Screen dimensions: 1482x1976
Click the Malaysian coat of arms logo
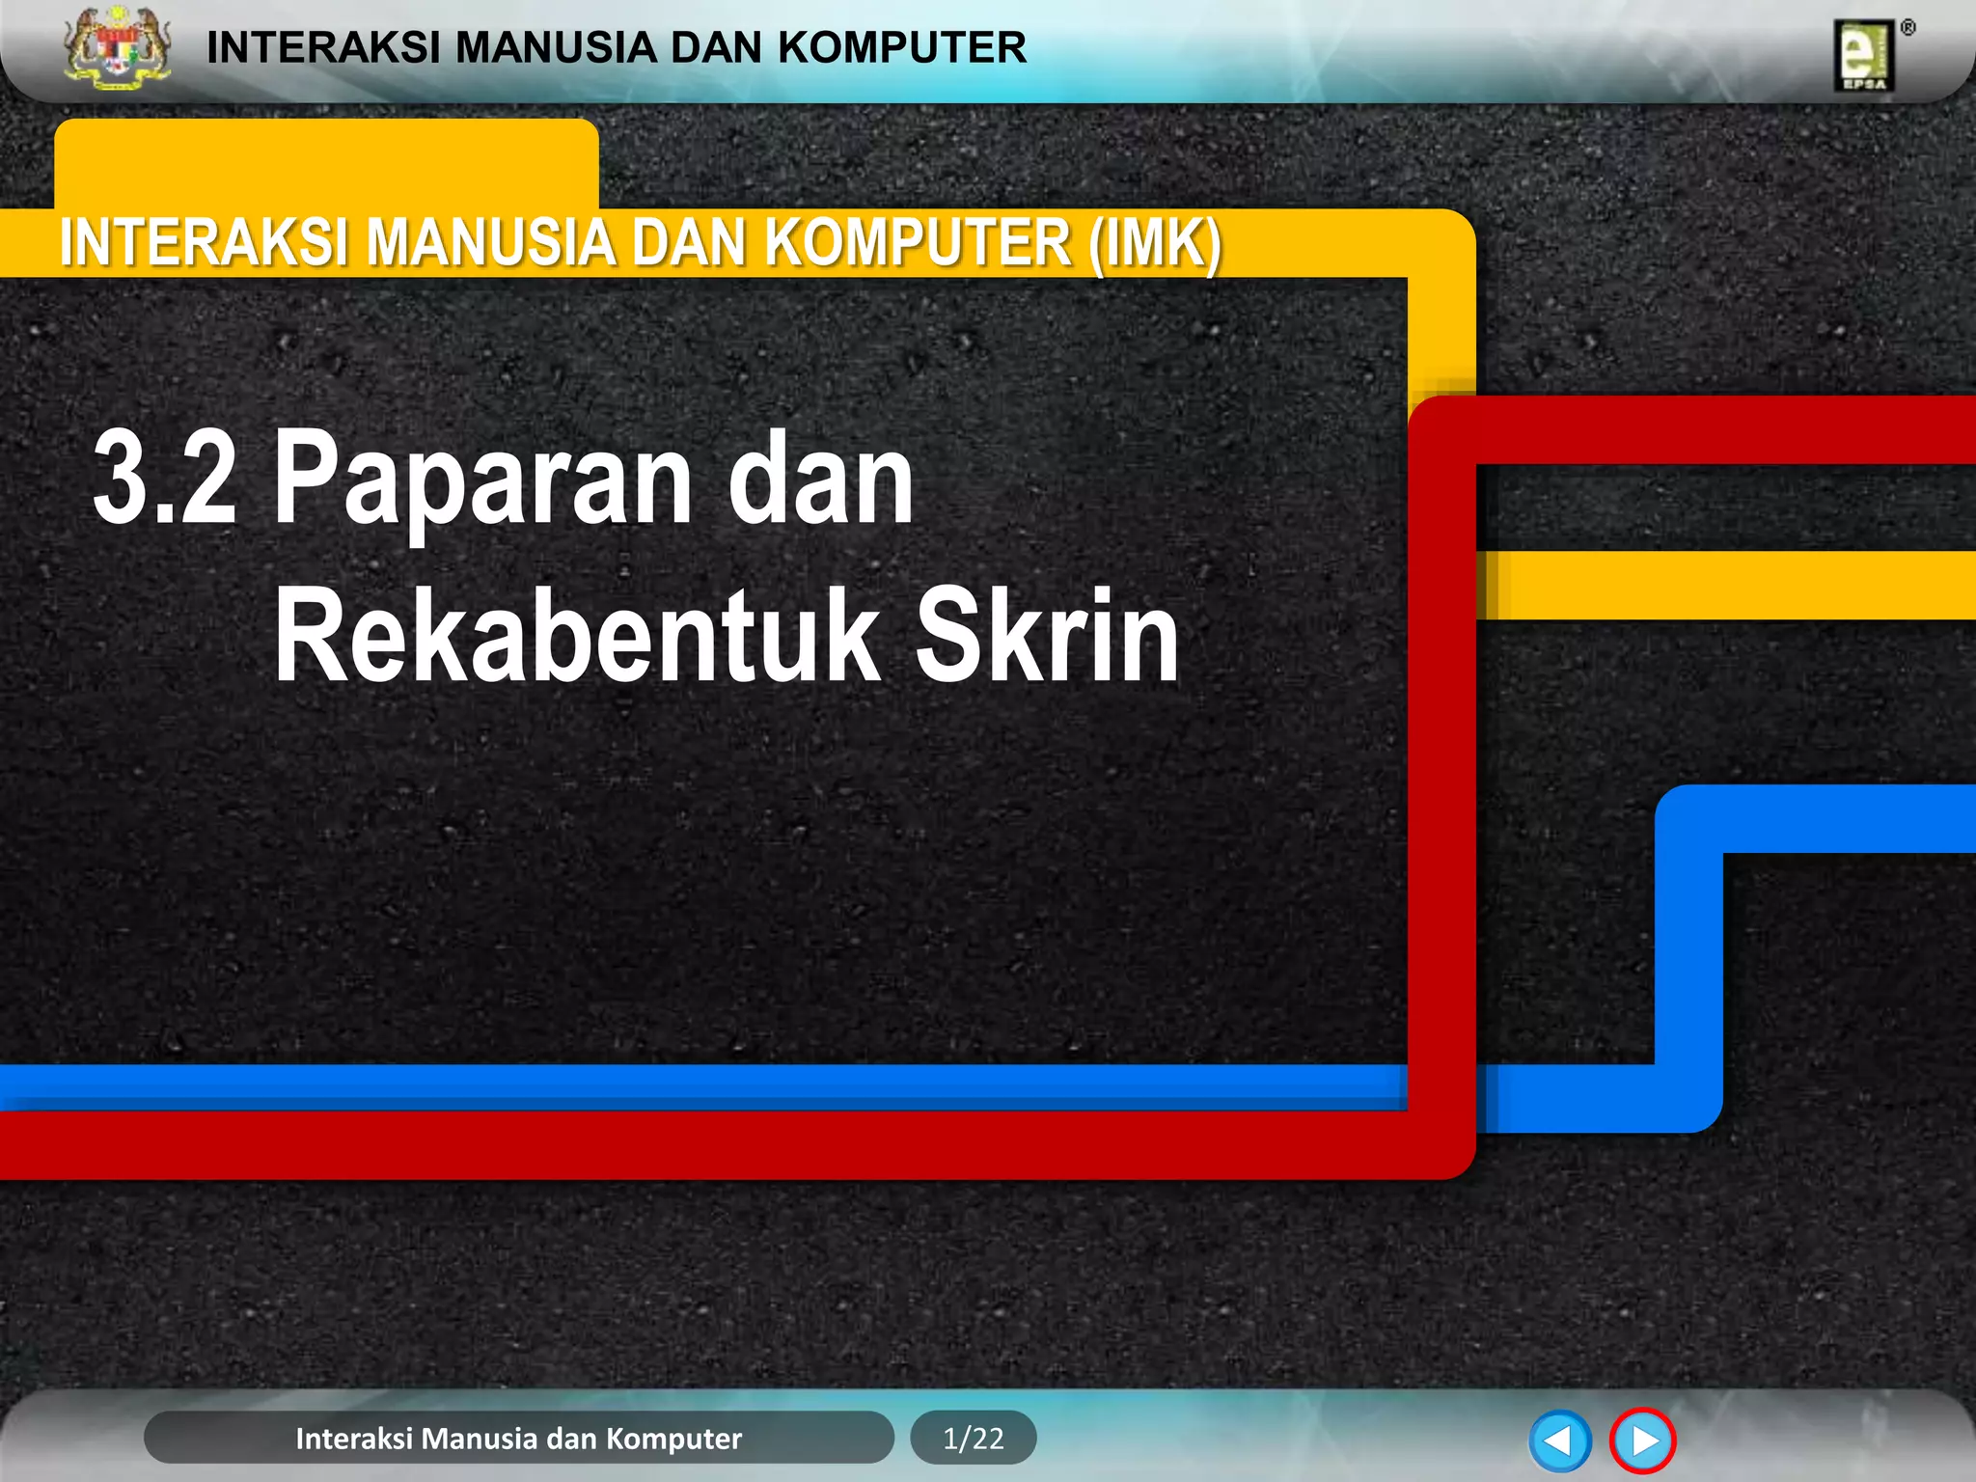click(117, 48)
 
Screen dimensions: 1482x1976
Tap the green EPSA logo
click(1864, 56)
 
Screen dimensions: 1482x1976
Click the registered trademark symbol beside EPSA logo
click(1907, 28)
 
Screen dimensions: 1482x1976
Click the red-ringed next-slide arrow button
click(1642, 1441)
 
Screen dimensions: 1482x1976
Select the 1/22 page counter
click(973, 1439)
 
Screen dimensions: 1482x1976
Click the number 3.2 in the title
click(165, 480)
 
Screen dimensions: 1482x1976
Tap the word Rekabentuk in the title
click(576, 636)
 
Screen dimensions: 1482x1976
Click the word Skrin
click(1046, 636)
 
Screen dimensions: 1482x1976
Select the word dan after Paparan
click(820, 480)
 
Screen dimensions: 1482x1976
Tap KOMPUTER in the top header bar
click(902, 47)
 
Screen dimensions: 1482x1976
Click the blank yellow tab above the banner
click(326, 162)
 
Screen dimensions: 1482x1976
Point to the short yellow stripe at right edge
click(1727, 586)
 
